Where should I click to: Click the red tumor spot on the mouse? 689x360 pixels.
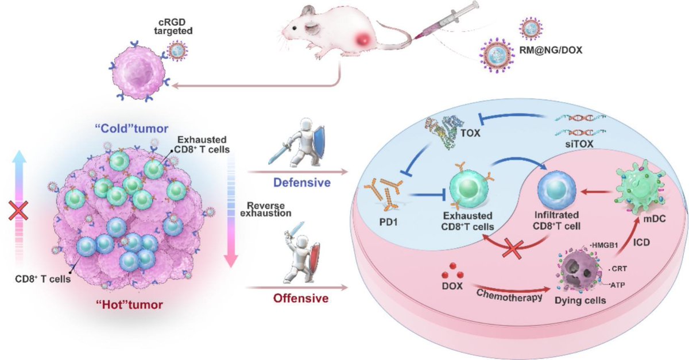[362, 40]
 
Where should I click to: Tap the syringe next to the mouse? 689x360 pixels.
[447, 23]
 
